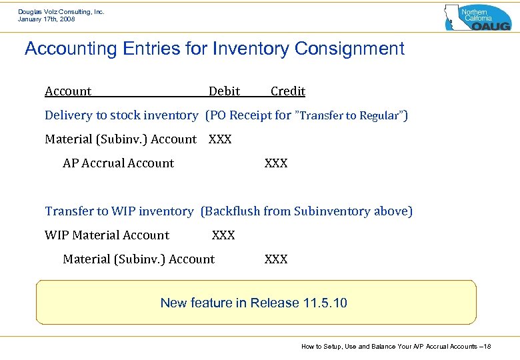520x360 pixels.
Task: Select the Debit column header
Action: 224,91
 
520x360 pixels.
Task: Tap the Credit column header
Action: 287,91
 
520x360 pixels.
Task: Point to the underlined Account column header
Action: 68,91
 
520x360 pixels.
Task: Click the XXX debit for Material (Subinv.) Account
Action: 220,139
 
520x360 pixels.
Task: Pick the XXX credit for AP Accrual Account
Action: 276,163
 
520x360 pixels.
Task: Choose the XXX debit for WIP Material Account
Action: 223,235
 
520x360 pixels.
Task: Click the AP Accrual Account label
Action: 118,163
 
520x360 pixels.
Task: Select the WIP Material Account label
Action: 107,235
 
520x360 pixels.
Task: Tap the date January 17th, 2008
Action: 47,19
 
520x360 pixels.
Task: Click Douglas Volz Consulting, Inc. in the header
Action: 61,11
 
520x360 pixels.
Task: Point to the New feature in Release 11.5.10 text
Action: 254,303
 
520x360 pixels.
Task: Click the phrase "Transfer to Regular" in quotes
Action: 351,116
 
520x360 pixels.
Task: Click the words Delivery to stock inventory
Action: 121,115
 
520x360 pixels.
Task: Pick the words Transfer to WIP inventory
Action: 119,211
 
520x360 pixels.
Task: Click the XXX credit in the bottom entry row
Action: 276,259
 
